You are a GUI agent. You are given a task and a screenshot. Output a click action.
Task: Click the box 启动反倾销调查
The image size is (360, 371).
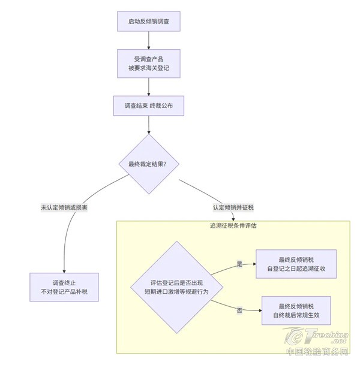148,22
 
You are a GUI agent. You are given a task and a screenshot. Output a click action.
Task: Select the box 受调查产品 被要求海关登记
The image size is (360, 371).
148,63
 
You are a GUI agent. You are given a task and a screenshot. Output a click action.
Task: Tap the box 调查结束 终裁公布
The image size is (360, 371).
148,105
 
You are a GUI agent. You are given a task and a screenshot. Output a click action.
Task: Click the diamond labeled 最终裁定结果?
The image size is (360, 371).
148,164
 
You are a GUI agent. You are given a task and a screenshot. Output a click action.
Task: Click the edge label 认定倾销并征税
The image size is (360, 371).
233,207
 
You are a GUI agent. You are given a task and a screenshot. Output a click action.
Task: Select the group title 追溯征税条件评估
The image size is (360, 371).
233,225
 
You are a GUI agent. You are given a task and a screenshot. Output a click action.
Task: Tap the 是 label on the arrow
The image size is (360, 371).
239,264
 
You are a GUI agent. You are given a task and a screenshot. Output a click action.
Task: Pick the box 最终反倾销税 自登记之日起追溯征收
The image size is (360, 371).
296,264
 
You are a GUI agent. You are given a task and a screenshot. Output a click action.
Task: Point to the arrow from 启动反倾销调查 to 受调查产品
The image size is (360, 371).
148,40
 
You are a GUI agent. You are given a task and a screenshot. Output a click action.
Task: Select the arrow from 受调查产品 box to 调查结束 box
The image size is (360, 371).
148,86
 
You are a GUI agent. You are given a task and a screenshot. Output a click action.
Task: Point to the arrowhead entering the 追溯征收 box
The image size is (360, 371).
254,264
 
